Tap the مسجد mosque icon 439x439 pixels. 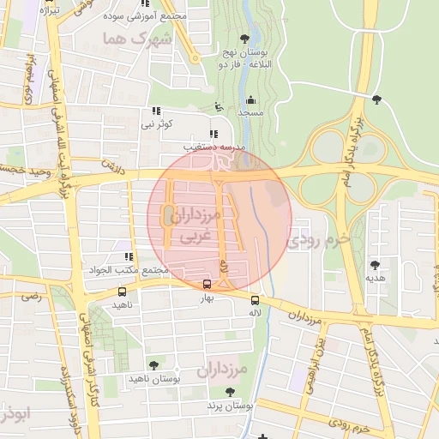(250, 99)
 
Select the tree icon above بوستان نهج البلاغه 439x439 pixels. (246, 39)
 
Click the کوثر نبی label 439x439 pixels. (158, 124)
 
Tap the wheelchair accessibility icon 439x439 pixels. (219, 107)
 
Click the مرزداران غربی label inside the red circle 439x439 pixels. (202, 227)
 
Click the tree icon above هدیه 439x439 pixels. (375, 264)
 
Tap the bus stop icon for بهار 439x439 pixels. (207, 285)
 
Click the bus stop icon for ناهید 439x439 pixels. (121, 292)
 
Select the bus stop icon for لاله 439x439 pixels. (255, 300)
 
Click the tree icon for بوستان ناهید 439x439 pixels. (153, 365)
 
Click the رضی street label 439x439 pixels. (31, 297)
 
